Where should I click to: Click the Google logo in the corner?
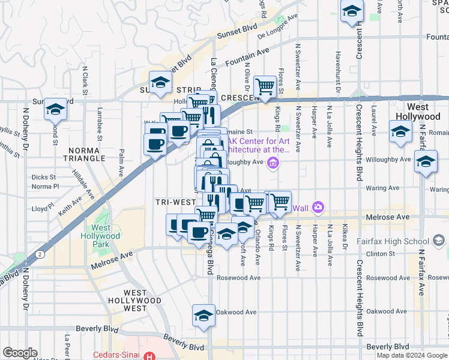[x=20, y=353]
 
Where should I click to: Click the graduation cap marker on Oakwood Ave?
[x=203, y=315]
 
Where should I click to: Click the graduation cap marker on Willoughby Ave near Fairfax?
[x=426, y=162]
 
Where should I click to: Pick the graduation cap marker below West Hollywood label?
[x=400, y=131]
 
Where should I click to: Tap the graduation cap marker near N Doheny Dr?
[x=55, y=109]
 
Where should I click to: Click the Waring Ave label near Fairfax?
[x=382, y=188]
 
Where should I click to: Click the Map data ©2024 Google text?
[x=411, y=355]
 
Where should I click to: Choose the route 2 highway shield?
[x=40, y=254]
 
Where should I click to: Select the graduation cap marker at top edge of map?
[x=351, y=10]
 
